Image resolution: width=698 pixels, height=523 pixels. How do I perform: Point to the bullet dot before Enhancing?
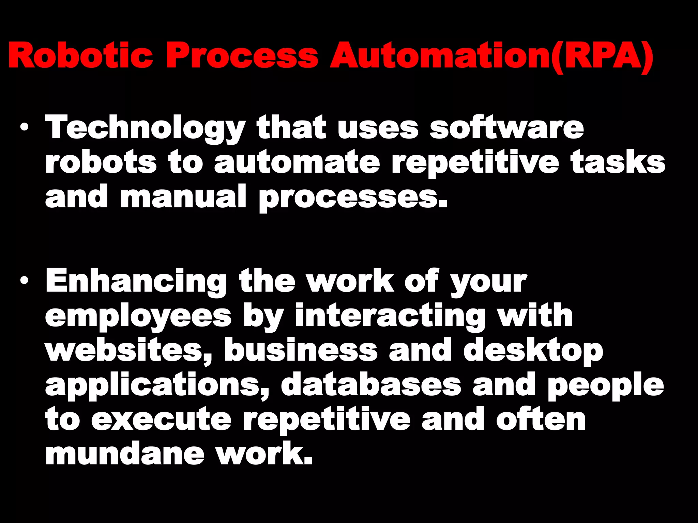point(24,281)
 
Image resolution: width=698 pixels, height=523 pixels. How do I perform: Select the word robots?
point(101,162)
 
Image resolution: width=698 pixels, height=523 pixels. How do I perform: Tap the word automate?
point(297,162)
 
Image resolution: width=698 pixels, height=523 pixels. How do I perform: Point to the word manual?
point(183,197)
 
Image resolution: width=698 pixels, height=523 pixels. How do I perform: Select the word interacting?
point(390,316)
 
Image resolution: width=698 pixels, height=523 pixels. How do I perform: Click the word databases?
point(371,385)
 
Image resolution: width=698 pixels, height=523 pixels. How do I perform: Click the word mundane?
point(125,454)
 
